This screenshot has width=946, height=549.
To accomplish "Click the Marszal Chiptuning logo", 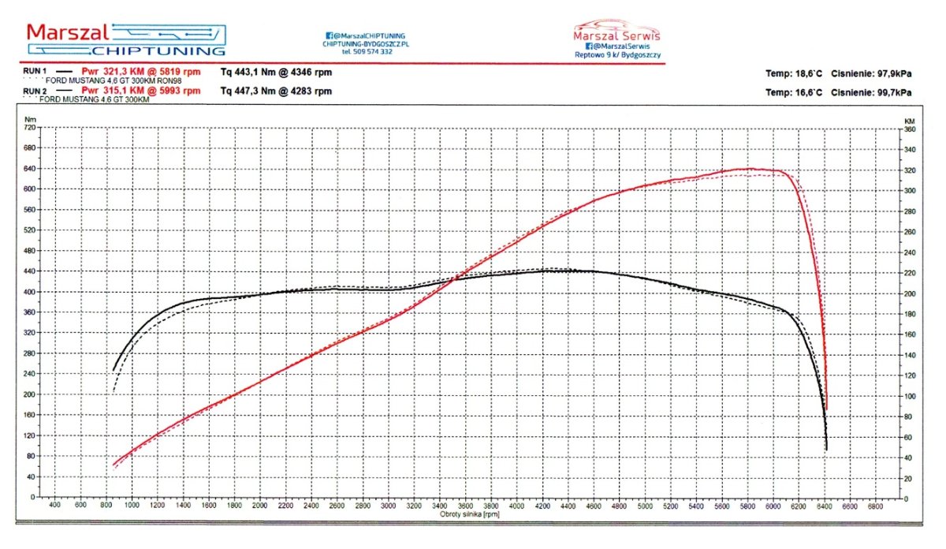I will click(126, 39).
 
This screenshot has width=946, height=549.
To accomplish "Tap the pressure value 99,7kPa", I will click(894, 92).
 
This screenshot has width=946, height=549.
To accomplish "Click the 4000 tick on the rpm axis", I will click(516, 506).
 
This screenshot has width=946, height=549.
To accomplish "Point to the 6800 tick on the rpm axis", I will click(876, 506).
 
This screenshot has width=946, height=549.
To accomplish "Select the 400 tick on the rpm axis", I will click(54, 506).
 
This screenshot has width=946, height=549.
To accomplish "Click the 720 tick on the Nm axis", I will click(30, 127).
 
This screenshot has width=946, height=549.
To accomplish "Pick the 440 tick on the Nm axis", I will click(30, 271).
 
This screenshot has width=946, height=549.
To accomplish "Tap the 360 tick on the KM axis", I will click(909, 129).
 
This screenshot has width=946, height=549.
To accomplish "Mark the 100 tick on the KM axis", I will click(909, 396).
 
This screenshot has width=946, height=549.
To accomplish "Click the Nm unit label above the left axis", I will click(30, 120).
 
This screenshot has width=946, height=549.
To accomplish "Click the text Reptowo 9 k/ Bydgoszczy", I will click(618, 55).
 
